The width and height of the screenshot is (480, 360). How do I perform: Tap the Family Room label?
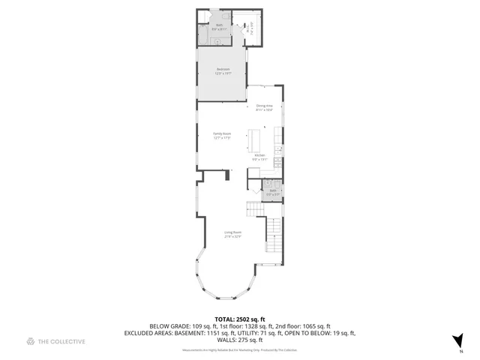click(222, 133)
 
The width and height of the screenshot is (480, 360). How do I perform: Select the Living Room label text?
click(232, 232)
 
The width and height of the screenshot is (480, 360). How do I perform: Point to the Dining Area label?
click(263, 106)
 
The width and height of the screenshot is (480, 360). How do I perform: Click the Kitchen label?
click(259, 155)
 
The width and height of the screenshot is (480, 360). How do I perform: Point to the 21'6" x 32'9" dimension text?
click(232, 237)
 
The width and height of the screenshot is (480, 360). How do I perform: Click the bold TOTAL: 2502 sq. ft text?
click(240, 319)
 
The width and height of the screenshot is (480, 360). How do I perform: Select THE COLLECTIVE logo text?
click(61, 341)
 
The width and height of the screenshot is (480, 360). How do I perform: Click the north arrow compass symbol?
click(457, 339)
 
